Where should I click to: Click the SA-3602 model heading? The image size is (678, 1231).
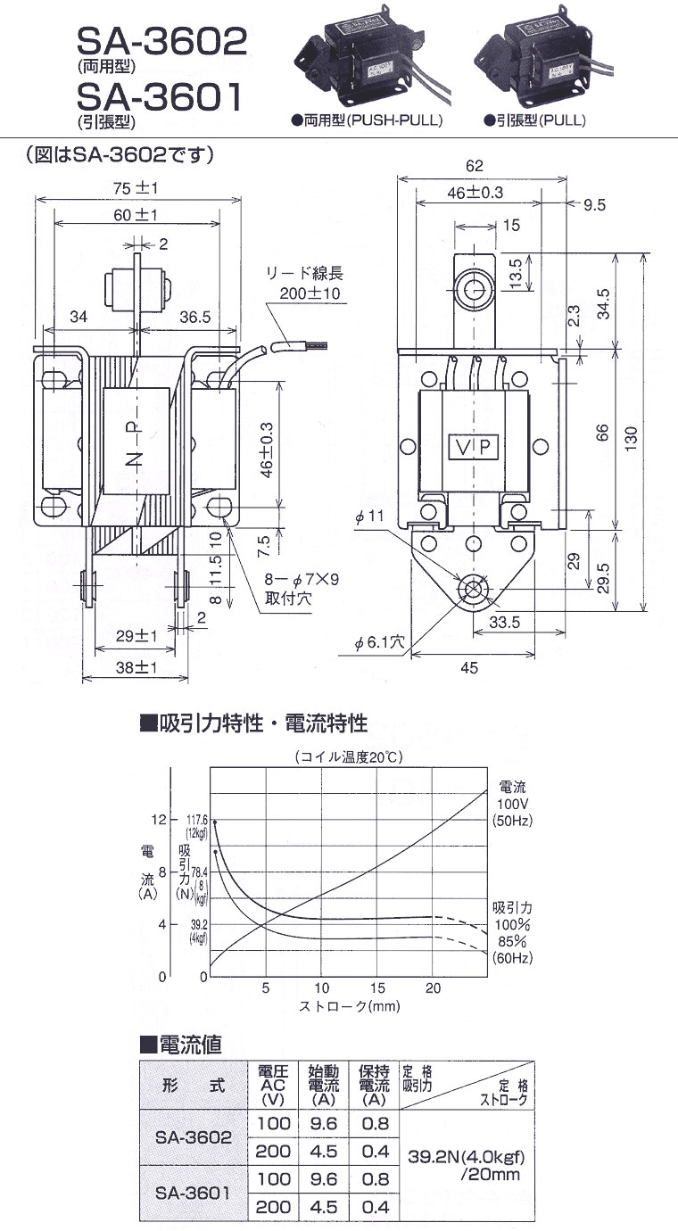click(x=162, y=41)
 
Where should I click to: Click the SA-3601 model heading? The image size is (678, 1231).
click(x=160, y=96)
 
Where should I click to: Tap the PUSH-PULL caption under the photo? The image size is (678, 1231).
click(x=395, y=120)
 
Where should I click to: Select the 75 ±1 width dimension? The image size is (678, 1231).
click(x=136, y=188)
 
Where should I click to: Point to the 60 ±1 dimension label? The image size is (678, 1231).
click(x=136, y=216)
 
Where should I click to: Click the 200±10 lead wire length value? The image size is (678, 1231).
click(x=310, y=293)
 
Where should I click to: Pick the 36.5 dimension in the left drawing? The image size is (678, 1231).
click(x=195, y=317)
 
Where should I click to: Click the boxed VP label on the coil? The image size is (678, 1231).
click(x=474, y=447)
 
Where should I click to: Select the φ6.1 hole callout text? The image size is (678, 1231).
click(x=380, y=642)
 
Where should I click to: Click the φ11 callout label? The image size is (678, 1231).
click(x=369, y=516)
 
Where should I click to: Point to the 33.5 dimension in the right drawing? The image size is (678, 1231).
click(x=504, y=623)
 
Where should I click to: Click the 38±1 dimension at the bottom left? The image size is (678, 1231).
click(x=136, y=668)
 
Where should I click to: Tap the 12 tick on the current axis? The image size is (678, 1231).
click(x=158, y=820)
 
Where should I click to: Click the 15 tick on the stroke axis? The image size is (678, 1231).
click(x=377, y=988)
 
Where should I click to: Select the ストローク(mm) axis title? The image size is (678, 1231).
click(x=350, y=1006)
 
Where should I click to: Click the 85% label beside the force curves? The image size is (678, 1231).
click(x=512, y=941)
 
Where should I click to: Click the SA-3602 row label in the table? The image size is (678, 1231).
click(x=193, y=1137)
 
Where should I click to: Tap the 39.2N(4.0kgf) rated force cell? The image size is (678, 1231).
click(x=466, y=1157)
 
